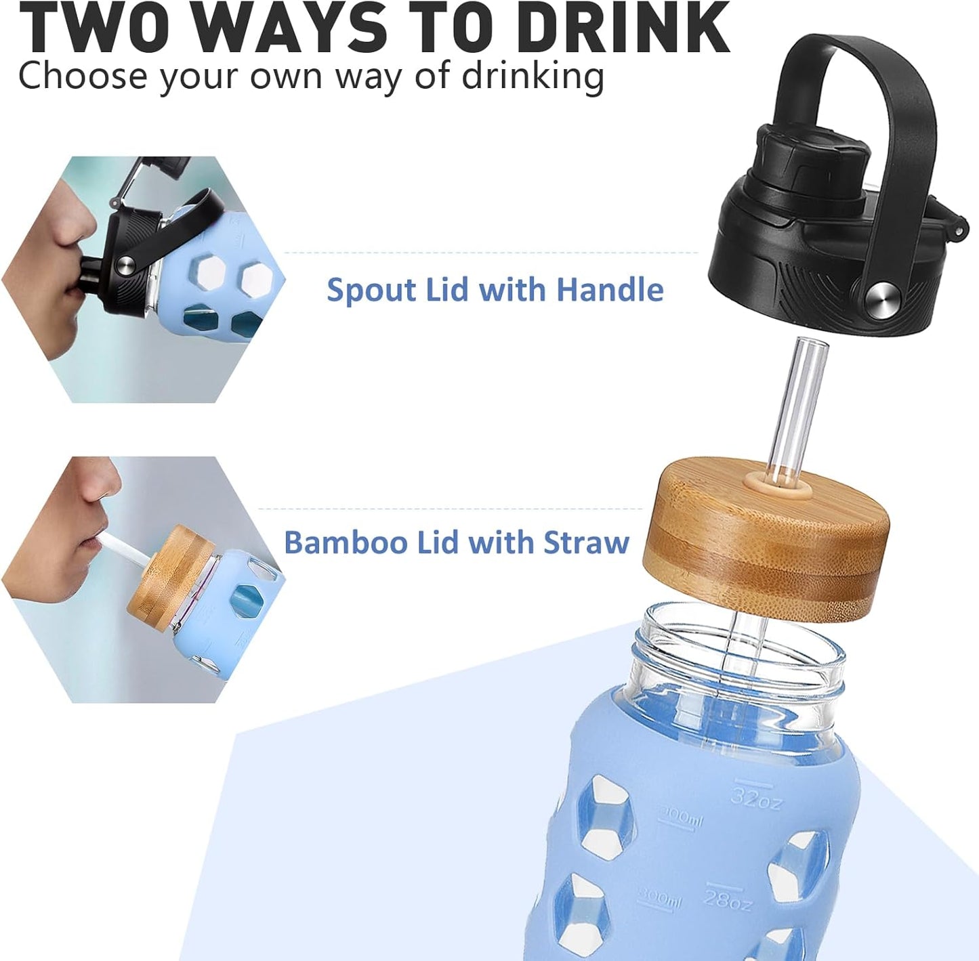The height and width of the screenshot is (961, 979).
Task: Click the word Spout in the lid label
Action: coord(371,290)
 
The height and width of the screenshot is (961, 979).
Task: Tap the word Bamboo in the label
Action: coord(345,542)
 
